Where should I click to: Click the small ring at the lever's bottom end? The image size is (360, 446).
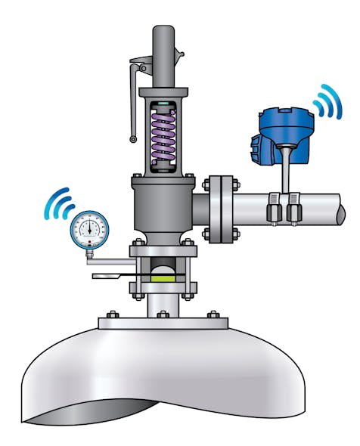point(133,139)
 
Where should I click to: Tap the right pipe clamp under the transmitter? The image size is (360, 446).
point(293,208)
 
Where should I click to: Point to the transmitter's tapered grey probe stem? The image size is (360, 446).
point(286,170)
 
